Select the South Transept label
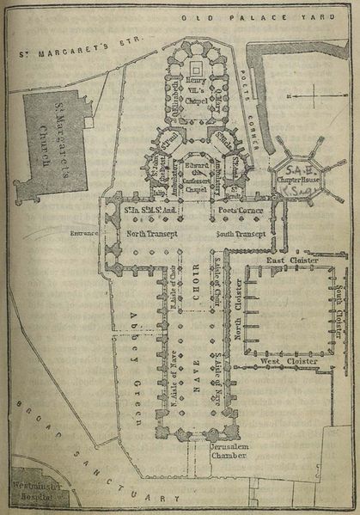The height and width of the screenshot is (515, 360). pyautogui.click(x=241, y=234)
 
